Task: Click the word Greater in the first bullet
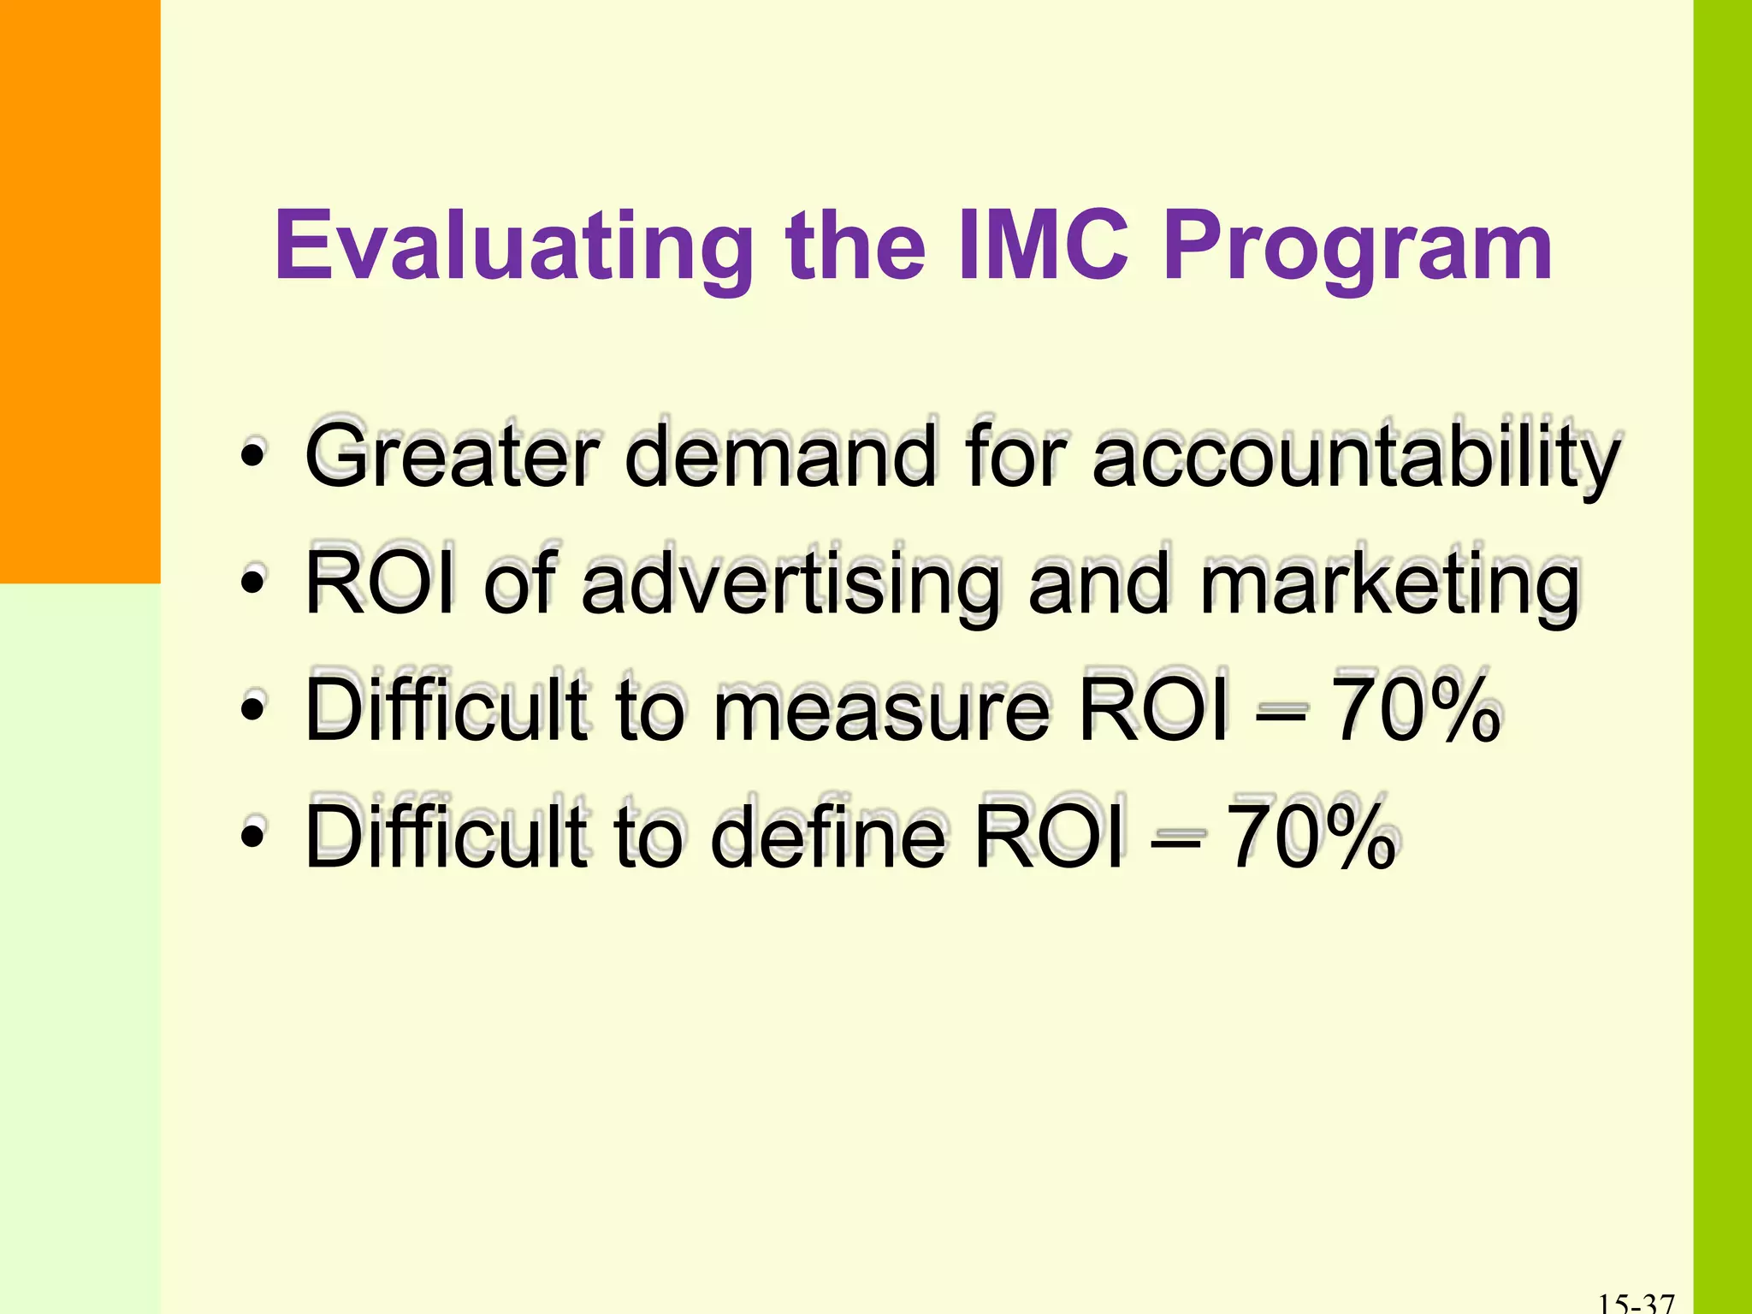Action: point(453,458)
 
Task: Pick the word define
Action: point(830,837)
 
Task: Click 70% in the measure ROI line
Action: point(1416,710)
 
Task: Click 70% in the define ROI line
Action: point(1311,837)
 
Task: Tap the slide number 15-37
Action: point(1636,1303)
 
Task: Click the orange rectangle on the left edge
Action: point(80,291)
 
